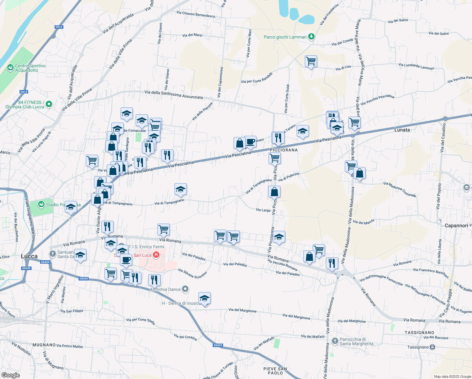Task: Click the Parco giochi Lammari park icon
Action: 311,37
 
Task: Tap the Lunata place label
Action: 402,130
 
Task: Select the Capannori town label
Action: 456,226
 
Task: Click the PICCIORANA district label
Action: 284,150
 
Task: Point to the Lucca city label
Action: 29,256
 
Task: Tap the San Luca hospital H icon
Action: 156,255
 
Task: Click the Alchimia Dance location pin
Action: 186,289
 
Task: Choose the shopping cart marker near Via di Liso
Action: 311,61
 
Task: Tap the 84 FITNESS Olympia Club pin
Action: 49,104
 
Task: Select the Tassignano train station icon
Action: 432,347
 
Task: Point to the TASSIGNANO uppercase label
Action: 419,333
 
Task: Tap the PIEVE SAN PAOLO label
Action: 275,371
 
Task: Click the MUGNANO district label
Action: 44,345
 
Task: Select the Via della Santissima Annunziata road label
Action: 174,94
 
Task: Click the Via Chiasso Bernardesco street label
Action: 196,14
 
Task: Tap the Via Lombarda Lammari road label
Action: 416,66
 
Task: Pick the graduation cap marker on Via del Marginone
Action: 204,298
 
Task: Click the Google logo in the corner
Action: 10,375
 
